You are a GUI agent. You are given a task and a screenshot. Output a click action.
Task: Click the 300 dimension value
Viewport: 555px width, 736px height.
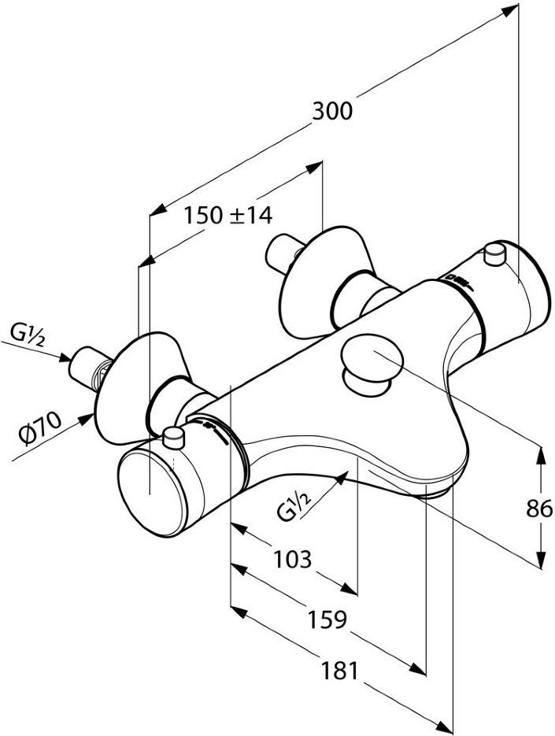(x=332, y=111)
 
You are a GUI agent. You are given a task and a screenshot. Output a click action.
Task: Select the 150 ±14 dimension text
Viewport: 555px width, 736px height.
(x=228, y=216)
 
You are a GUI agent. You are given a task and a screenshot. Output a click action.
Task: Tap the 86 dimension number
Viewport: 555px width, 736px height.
(x=539, y=509)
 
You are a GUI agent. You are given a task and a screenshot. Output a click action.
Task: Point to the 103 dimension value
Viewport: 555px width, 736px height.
(x=293, y=559)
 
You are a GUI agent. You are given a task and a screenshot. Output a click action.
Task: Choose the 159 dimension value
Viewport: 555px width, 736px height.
(x=327, y=619)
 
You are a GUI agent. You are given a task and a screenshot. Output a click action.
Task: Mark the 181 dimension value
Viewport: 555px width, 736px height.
(x=339, y=671)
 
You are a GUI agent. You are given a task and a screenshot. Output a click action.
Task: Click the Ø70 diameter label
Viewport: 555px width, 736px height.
(x=41, y=429)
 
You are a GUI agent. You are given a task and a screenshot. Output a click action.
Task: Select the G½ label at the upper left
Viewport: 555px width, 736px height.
(x=28, y=337)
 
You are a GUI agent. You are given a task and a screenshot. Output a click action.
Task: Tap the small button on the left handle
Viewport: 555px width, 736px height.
(x=173, y=438)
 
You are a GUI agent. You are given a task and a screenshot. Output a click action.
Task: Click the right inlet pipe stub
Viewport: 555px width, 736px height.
(x=284, y=254)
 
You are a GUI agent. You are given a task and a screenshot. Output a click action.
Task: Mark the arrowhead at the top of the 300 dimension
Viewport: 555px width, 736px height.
(x=510, y=10)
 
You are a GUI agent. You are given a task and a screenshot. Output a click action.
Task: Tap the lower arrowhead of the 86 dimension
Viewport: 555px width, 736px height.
(x=542, y=560)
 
